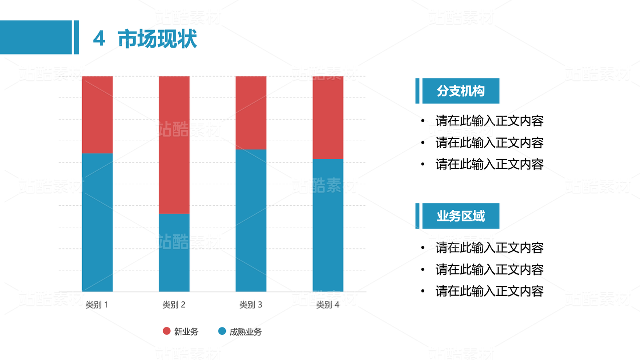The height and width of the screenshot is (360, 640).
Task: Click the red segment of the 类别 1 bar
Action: (97, 114)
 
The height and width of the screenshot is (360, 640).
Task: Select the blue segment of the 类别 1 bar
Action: (97, 222)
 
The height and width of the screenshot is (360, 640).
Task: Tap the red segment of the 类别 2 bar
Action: (174, 145)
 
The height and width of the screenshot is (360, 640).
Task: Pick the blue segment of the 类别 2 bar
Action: (174, 252)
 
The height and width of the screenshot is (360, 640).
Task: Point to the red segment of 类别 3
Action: (251, 113)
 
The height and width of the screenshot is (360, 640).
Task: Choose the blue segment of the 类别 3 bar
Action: (251, 220)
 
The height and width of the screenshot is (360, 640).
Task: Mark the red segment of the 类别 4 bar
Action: (328, 117)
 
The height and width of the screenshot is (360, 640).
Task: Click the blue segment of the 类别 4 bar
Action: (328, 225)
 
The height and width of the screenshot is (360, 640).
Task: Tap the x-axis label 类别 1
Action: (97, 304)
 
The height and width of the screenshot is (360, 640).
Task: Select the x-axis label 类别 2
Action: (174, 304)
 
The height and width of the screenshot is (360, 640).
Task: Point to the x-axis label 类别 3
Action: (251, 304)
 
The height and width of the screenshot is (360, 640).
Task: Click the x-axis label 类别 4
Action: (328, 304)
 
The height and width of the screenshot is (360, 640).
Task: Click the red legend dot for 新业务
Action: (167, 331)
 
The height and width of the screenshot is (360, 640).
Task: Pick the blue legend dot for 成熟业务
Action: (222, 331)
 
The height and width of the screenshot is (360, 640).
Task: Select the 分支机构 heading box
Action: (460, 91)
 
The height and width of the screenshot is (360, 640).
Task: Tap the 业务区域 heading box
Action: (460, 216)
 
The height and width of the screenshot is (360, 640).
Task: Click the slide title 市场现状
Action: (157, 39)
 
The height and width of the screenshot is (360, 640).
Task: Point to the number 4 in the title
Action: (99, 39)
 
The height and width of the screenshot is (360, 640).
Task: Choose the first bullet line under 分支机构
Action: (489, 121)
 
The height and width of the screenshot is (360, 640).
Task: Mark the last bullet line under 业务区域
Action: (489, 291)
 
